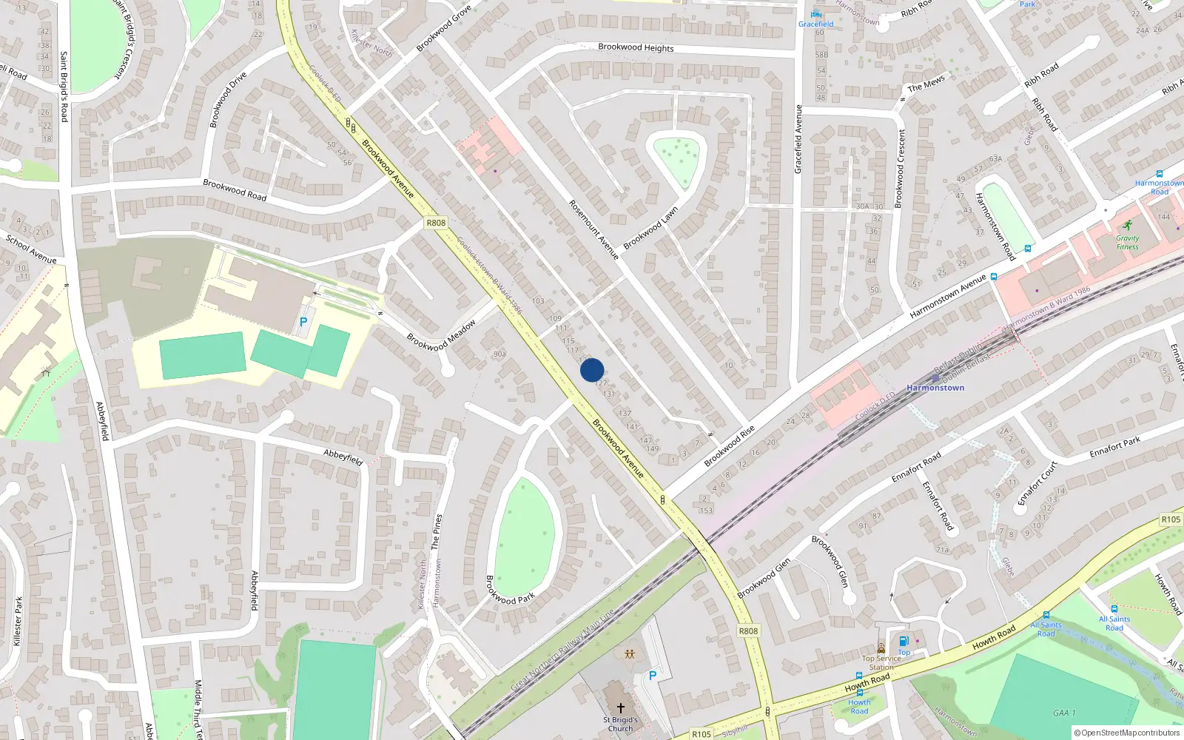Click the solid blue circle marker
point(592,370)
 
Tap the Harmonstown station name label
point(935,388)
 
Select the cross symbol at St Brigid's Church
point(620,708)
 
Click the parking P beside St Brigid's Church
point(652,676)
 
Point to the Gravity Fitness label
point(1127,242)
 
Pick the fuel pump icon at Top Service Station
point(903,642)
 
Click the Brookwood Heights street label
point(636,47)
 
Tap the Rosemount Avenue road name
point(593,229)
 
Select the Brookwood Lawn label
point(650,228)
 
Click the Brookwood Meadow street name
point(441,336)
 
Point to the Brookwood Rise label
point(729,445)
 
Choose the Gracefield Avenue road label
point(798,139)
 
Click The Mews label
point(926,84)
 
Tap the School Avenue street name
point(31,249)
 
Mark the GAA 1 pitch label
point(1064,713)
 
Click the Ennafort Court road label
point(1037,483)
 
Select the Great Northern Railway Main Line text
point(562,650)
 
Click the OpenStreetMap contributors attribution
point(1127,733)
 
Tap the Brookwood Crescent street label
point(901,168)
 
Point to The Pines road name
point(437,531)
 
